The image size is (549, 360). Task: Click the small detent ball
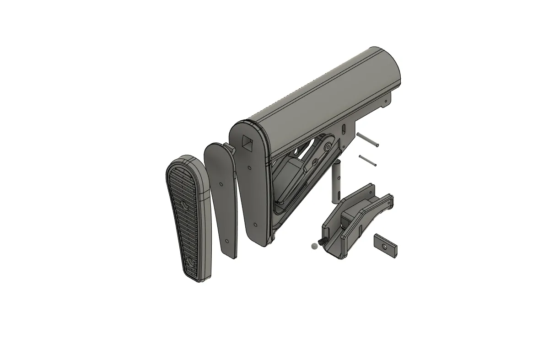coord(313,246)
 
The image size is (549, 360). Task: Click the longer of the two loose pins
coord(368,140)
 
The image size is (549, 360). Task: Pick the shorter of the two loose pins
coord(367,161)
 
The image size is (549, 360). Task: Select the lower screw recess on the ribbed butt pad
coord(192,262)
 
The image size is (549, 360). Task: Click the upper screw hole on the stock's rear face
coord(249,168)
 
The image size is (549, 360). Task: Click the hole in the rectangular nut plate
coord(385,246)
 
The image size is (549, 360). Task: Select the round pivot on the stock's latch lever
coord(327,147)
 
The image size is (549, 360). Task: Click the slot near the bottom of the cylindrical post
coord(338,197)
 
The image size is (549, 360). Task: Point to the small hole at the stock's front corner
coord(385,102)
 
